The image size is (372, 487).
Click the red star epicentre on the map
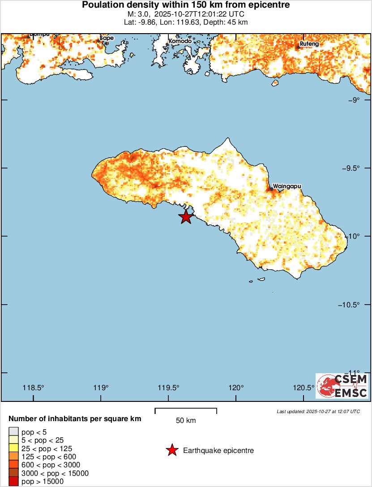pos(186,217)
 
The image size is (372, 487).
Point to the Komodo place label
pos(180,41)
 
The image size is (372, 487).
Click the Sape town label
pos(107,38)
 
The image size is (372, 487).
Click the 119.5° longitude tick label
pos(170,388)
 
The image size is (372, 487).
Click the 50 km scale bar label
pos(186,421)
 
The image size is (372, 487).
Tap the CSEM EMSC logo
pos(342,386)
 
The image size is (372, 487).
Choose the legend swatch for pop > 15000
pos(13,482)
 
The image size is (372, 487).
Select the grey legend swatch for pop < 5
pos(13,432)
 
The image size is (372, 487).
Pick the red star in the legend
pos(172,450)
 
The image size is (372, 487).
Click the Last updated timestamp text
pos(318,411)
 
